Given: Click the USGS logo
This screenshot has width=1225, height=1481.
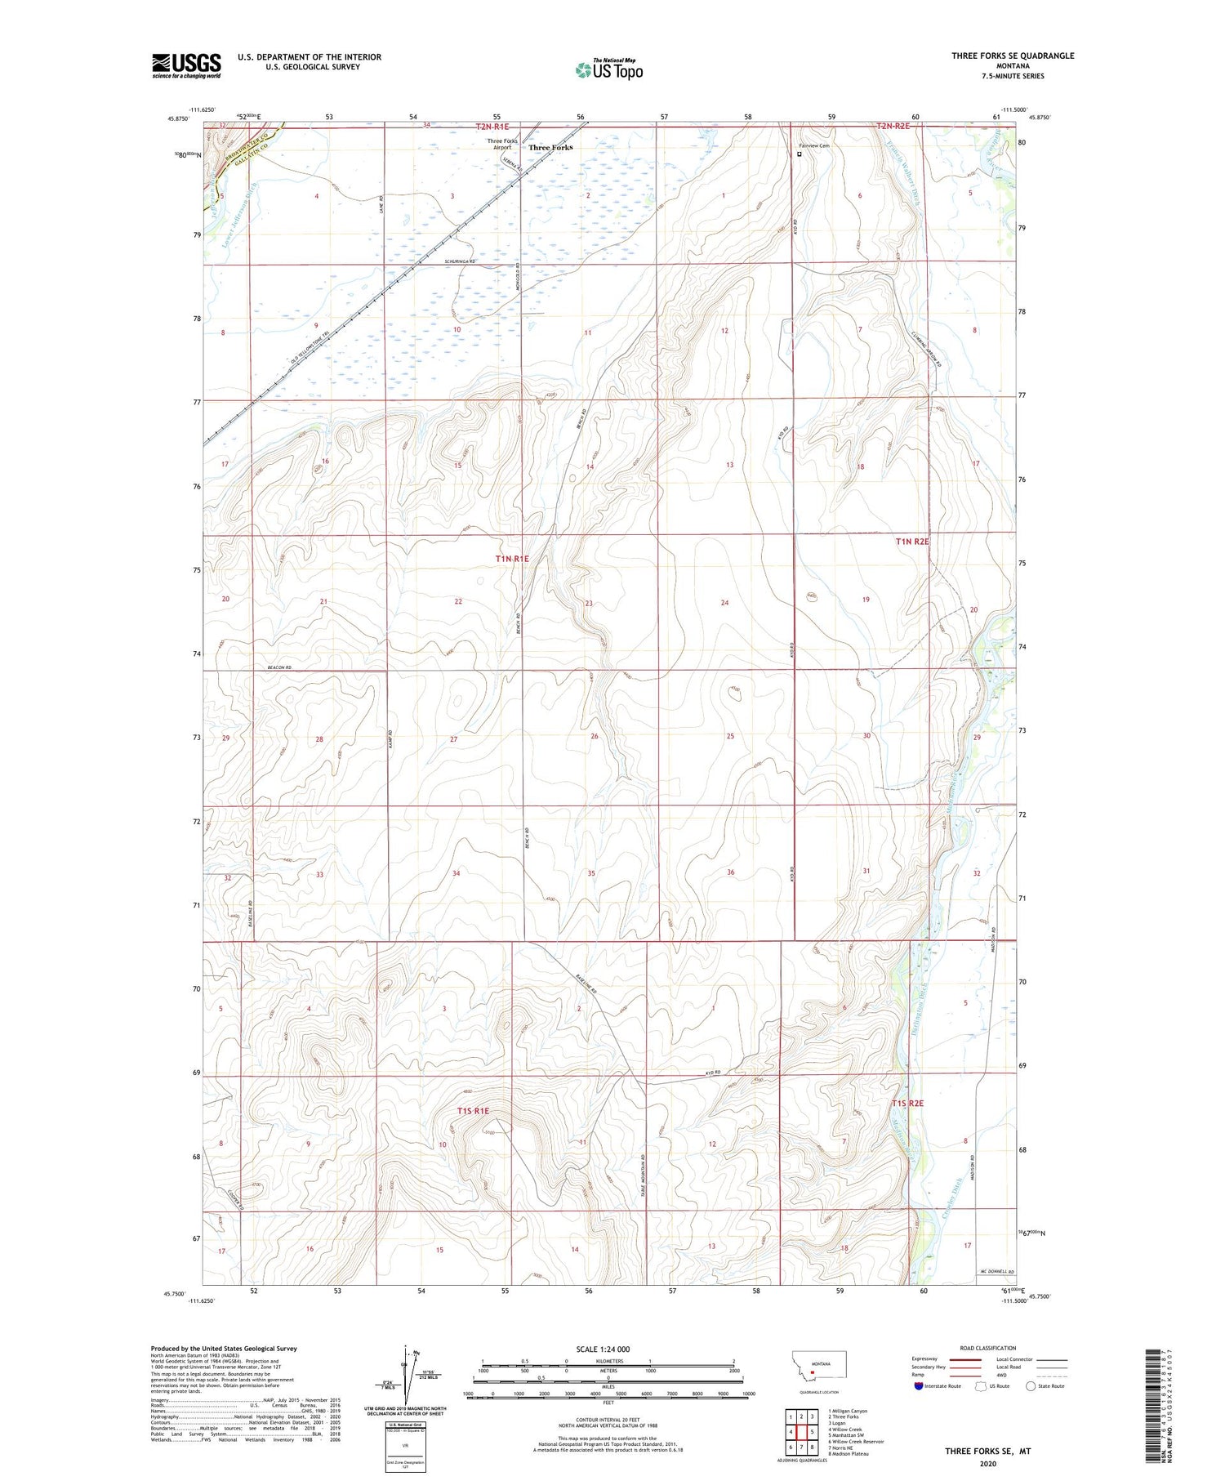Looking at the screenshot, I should (x=186, y=65).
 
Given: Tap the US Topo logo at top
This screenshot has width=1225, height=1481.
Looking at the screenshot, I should (x=608, y=70).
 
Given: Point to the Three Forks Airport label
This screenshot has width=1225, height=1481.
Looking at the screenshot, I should (x=502, y=145).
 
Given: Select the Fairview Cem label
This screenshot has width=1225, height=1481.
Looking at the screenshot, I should (x=813, y=146).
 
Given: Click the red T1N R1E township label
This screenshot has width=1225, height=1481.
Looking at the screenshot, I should (x=512, y=559).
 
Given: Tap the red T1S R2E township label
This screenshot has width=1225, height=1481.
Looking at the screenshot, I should (x=908, y=1103).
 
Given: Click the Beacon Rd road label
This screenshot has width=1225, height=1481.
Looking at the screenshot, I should (x=279, y=667).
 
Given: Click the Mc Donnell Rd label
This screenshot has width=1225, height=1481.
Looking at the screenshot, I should (x=996, y=1273).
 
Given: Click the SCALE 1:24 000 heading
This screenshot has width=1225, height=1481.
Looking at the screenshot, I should (x=608, y=1349).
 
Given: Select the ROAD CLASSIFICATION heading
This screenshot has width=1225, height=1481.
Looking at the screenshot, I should (x=988, y=1348).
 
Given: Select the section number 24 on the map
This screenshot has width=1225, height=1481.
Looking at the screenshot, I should (x=724, y=602).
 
